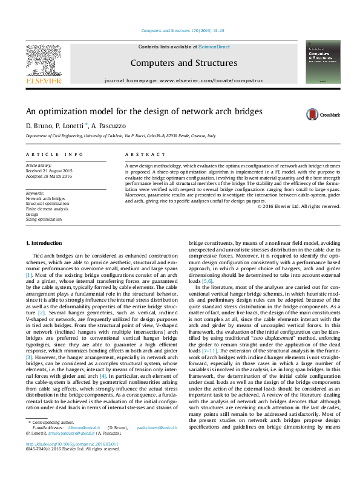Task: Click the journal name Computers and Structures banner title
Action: (183, 63)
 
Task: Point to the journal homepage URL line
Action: (183, 80)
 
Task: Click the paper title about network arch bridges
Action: (135, 112)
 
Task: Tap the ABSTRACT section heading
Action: (140, 155)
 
